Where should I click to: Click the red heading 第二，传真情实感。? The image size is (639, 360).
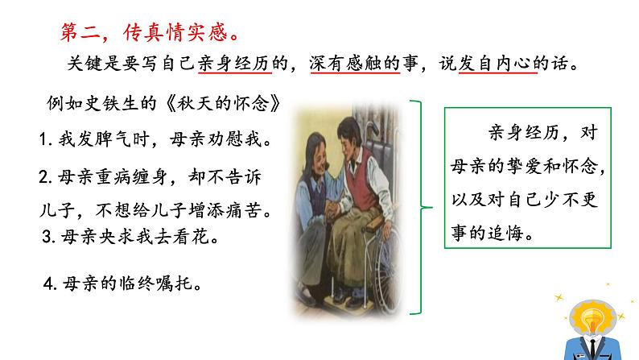pyautogui.click(x=152, y=33)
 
